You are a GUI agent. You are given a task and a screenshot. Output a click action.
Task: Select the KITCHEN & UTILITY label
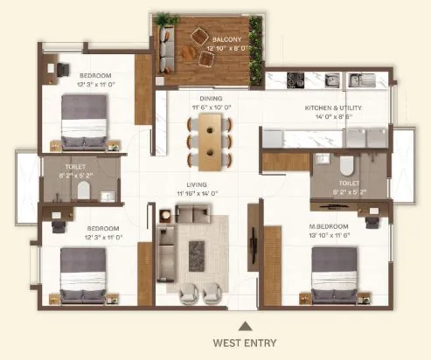[x=333, y=107]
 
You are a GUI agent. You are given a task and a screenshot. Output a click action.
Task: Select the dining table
[x=210, y=141]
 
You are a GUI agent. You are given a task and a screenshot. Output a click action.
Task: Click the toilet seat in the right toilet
[x=344, y=165]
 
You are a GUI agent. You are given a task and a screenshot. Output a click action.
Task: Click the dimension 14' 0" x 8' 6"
[x=333, y=115]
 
